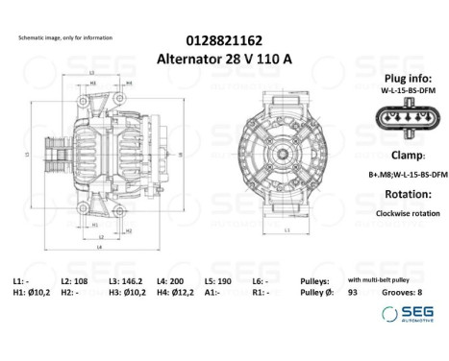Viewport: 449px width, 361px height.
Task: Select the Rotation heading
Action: (400, 195)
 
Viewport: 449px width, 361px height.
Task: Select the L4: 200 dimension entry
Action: (175, 279)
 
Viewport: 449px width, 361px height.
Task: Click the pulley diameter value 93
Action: (353, 292)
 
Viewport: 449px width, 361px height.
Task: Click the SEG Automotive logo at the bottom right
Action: (408, 314)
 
